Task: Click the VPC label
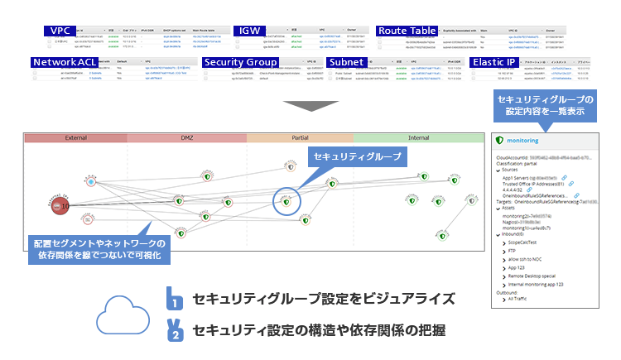(60, 31)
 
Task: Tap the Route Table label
(407, 31)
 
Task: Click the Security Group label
(240, 62)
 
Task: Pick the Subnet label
(350, 62)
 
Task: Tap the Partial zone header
(300, 137)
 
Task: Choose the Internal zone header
(418, 137)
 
